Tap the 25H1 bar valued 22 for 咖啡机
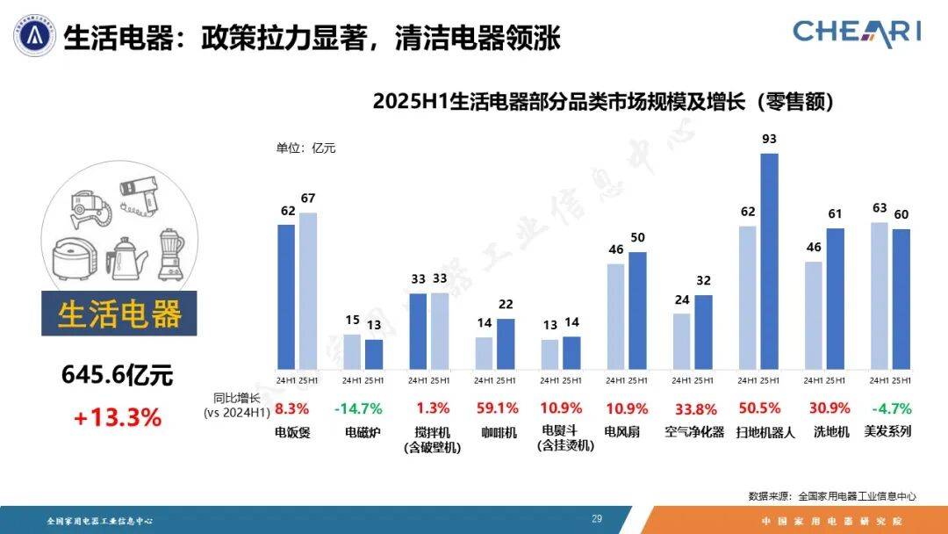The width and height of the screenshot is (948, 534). tap(506, 343)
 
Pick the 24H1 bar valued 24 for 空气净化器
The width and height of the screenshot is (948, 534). tap(682, 342)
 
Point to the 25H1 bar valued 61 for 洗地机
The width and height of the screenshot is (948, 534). tap(836, 299)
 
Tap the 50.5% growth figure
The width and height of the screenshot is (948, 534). tap(758, 408)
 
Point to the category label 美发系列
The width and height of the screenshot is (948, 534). tap(888, 431)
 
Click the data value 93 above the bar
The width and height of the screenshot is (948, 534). tap(770, 139)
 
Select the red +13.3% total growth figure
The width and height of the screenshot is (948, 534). tap(117, 418)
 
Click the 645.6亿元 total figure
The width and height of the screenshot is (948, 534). tap(117, 376)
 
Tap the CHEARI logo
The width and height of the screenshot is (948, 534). tap(857, 32)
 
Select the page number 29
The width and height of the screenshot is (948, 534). tap(597, 519)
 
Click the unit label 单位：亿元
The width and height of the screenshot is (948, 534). tap(306, 148)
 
